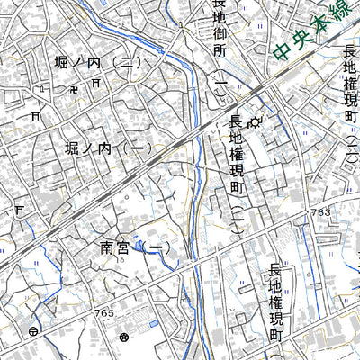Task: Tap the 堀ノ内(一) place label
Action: [x=106, y=149]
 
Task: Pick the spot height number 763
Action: [x=322, y=212]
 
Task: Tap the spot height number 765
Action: [x=103, y=312]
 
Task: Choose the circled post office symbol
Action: [x=32, y=331]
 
